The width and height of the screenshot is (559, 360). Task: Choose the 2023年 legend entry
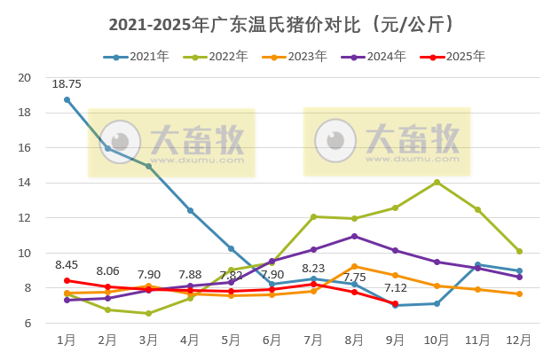coord(297,57)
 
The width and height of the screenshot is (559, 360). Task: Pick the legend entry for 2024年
coord(376,57)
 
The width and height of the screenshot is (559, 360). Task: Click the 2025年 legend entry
coord(455,57)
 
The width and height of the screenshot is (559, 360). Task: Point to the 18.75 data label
coord(67,84)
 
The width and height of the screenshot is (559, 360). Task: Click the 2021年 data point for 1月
coord(67,99)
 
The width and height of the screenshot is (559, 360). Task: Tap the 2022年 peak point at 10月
coord(437,182)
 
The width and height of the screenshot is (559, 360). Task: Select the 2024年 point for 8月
coord(354,236)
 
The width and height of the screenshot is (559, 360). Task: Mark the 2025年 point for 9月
coord(395,303)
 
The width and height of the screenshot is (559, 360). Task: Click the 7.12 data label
coord(396,288)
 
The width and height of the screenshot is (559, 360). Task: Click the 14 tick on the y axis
coord(25,183)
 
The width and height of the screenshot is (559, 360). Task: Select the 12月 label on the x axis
coord(519,340)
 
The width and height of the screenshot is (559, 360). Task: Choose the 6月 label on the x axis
coord(272,340)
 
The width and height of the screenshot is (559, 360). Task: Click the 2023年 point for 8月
coord(354,266)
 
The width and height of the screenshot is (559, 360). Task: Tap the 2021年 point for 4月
coord(190,210)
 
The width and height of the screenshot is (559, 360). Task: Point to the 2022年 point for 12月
coord(519,251)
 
